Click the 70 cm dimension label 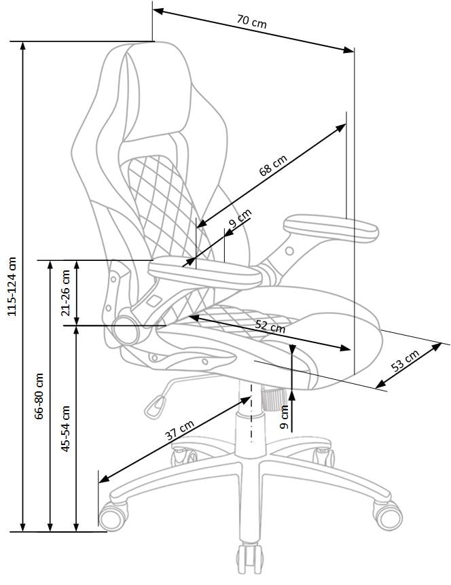[x=252, y=21]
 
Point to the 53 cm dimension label [x=406, y=362]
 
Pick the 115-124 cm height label [x=10, y=286]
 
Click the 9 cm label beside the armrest [x=239, y=220]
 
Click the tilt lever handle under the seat [x=154, y=407]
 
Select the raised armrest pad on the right [x=329, y=228]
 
